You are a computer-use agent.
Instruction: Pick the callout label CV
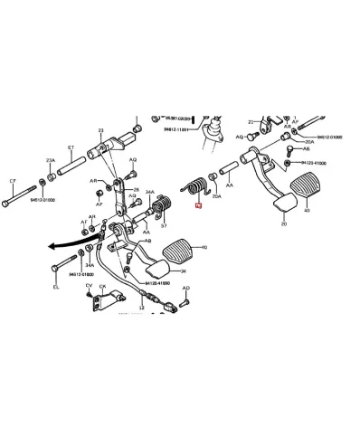pos(89,286)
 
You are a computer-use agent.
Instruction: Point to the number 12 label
pos(143,308)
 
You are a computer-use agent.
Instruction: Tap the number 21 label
pos(251,121)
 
